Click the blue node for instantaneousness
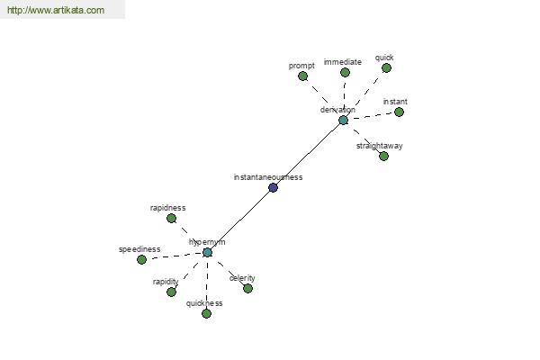click(x=273, y=188)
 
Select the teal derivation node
click(x=344, y=121)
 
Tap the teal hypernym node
click(x=207, y=253)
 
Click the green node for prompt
click(x=302, y=76)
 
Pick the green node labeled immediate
click(x=345, y=72)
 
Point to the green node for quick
click(x=386, y=67)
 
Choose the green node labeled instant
click(x=399, y=112)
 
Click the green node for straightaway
click(x=384, y=156)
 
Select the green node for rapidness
click(x=172, y=218)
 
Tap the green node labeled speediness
click(x=141, y=260)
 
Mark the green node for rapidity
click(x=172, y=292)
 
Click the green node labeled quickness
click(x=207, y=313)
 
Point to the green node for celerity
click(x=248, y=288)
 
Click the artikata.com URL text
click(x=56, y=10)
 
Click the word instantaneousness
click(x=268, y=177)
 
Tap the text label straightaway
click(x=380, y=146)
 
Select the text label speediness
click(x=139, y=249)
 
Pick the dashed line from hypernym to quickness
click(x=207, y=283)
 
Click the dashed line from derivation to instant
click(x=371, y=116)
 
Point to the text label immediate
click(x=343, y=62)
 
